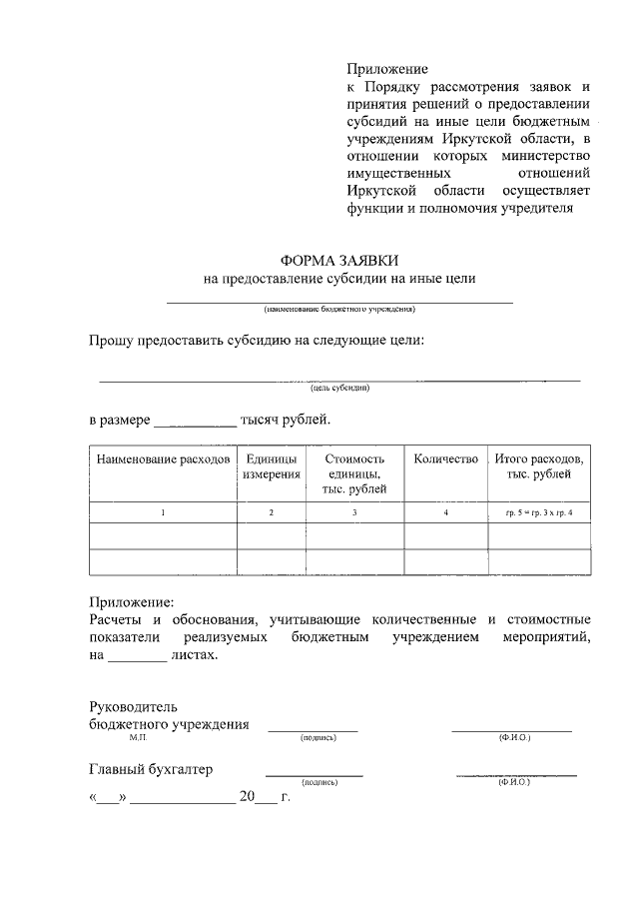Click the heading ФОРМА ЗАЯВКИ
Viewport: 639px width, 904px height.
pyautogui.click(x=339, y=260)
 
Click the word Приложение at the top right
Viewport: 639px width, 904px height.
pyautogui.click(x=387, y=70)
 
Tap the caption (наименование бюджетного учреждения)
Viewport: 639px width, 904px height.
pyautogui.click(x=338, y=310)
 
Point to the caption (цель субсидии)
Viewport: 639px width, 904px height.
pyautogui.click(x=339, y=389)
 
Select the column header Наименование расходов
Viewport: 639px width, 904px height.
pyautogui.click(x=163, y=458)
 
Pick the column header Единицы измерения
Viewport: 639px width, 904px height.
pyautogui.click(x=271, y=466)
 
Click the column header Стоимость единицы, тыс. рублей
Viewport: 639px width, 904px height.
pyautogui.click(x=354, y=473)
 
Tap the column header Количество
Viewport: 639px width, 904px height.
pyautogui.click(x=446, y=458)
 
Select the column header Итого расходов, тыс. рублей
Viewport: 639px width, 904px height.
pyautogui.click(x=539, y=466)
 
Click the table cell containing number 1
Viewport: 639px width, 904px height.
pyautogui.click(x=163, y=512)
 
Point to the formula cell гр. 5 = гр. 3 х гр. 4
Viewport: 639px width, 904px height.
pyautogui.click(x=539, y=512)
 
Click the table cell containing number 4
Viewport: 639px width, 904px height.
pyautogui.click(x=446, y=512)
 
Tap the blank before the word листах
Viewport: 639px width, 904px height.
pyautogui.click(x=137, y=656)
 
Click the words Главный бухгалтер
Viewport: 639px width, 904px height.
pyautogui.click(x=151, y=769)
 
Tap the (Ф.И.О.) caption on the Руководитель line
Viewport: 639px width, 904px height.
pyautogui.click(x=515, y=738)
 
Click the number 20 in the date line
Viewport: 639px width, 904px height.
pyautogui.click(x=248, y=798)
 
